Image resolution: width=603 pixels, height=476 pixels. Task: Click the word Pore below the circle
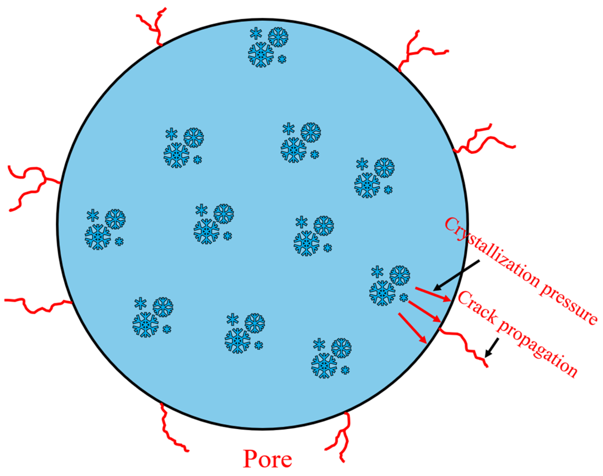(267, 459)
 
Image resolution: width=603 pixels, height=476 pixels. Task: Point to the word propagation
(538, 351)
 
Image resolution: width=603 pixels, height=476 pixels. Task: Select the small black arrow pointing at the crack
(492, 348)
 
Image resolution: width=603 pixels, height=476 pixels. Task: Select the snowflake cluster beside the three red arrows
(389, 285)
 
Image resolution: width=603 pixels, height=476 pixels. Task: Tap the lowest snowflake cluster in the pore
(331, 358)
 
